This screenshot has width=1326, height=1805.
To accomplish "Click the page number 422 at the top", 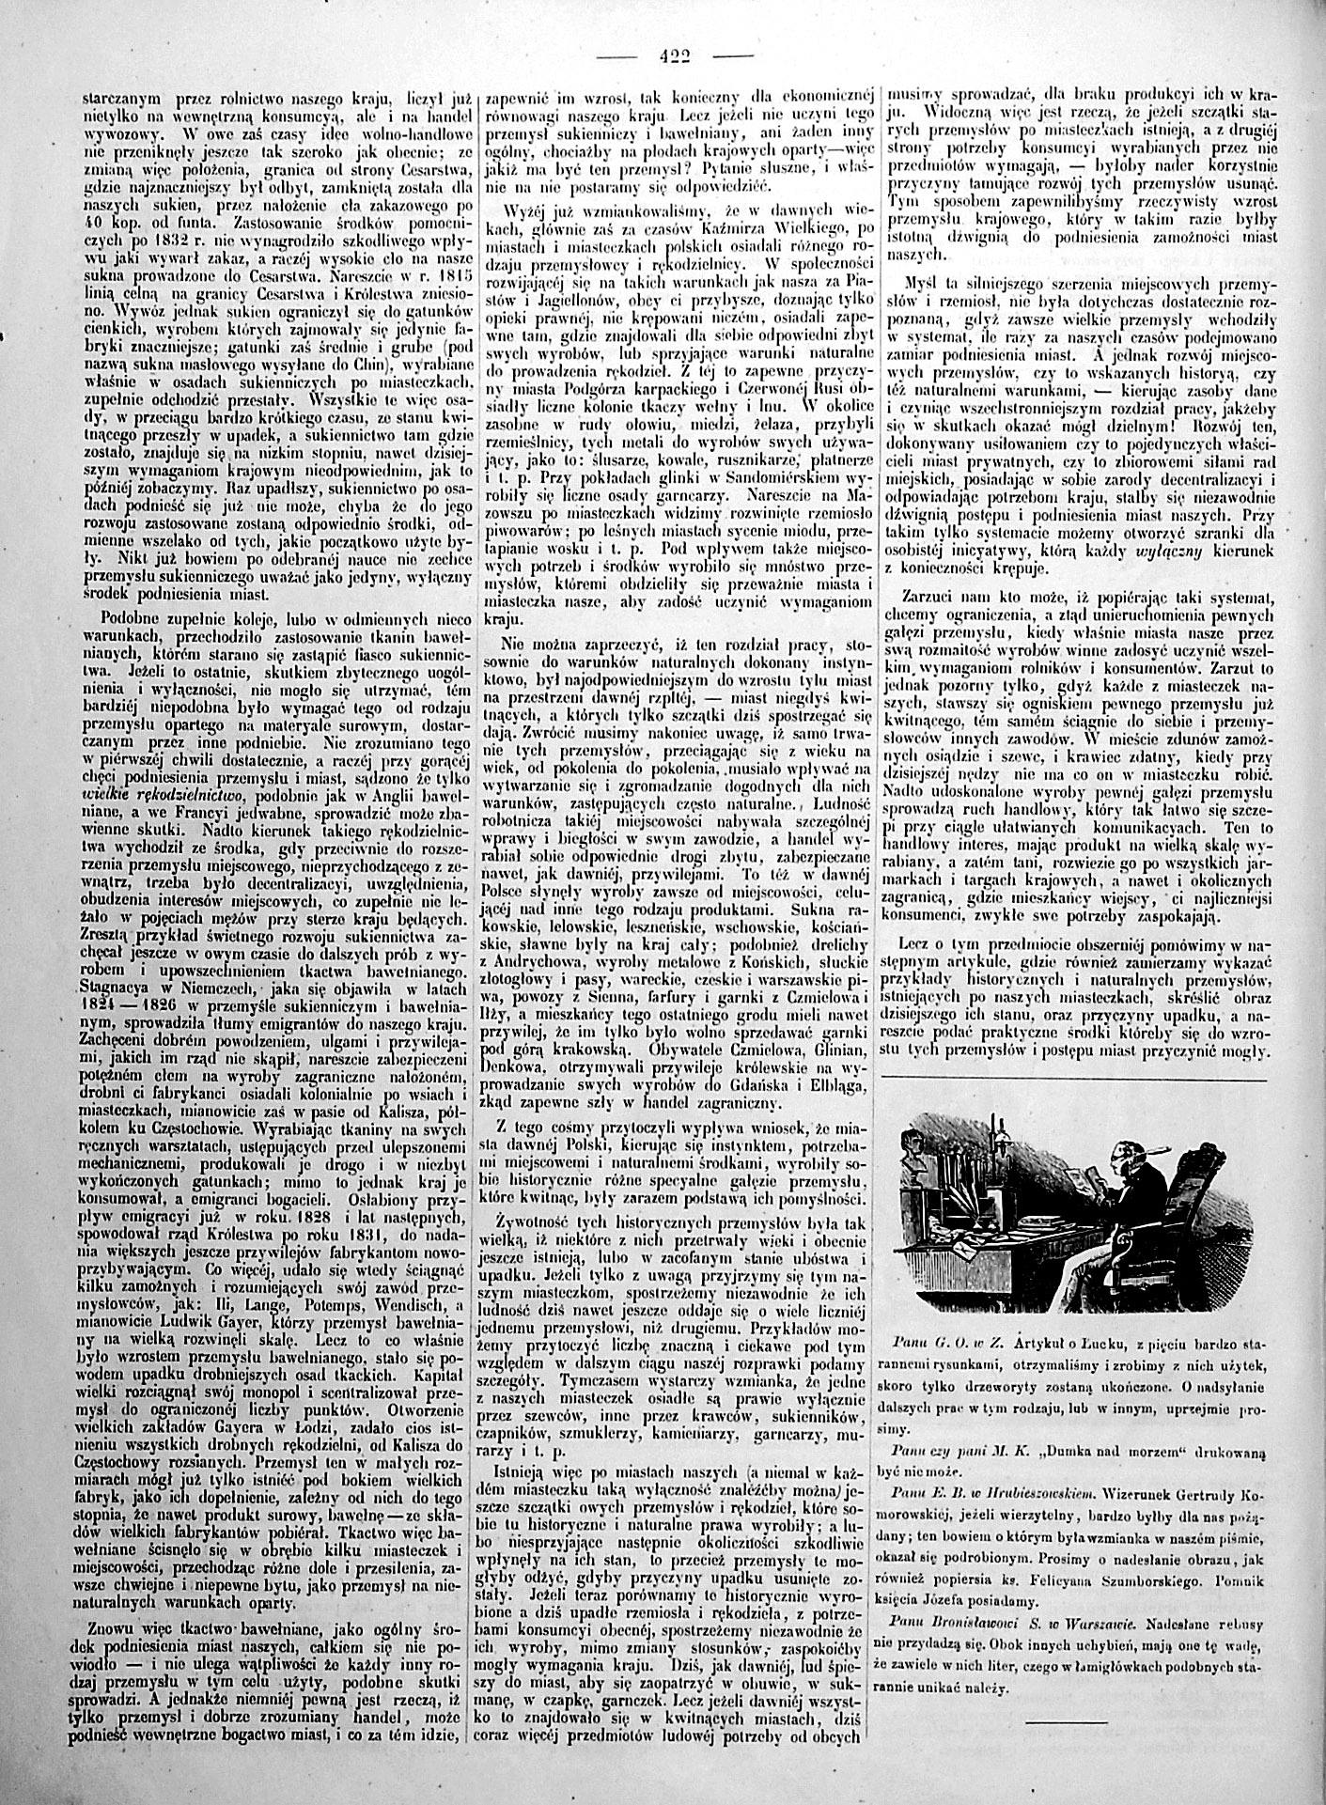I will click(675, 55).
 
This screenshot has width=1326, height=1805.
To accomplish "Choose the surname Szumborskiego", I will click(1165, 1572).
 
